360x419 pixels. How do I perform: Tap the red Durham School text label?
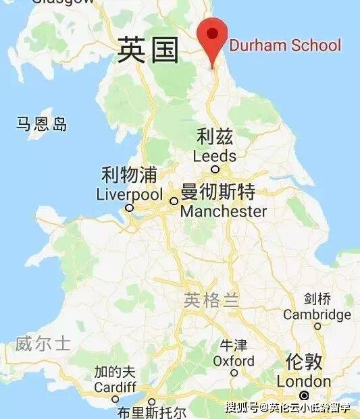(285, 46)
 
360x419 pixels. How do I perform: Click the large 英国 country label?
(148, 51)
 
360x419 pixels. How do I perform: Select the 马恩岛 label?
(43, 123)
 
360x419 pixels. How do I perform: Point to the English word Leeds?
(215, 156)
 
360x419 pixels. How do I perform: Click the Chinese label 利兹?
(215, 138)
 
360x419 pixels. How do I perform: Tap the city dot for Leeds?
(215, 169)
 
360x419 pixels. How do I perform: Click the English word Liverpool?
(130, 195)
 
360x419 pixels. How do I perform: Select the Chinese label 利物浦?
(129, 176)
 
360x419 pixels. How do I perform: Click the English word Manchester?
(224, 211)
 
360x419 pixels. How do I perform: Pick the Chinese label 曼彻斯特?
(218, 193)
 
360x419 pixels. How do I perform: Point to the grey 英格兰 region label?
(211, 301)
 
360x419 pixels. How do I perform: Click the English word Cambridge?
(317, 315)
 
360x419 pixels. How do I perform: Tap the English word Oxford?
(234, 361)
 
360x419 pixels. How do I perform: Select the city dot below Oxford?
(234, 372)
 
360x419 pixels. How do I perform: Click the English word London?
(304, 381)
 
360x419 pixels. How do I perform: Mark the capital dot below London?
(305, 395)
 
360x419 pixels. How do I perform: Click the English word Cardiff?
(115, 388)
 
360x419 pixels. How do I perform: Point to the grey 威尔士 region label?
(43, 344)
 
